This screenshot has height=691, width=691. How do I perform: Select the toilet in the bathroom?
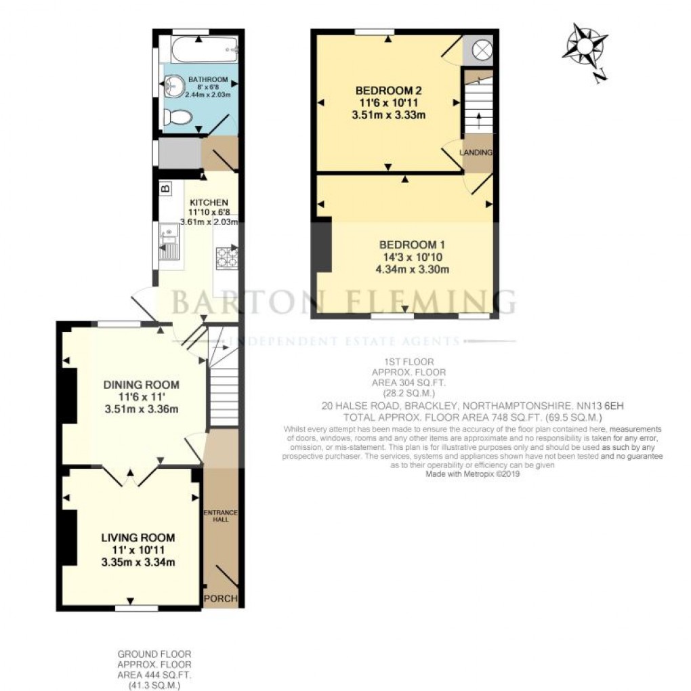[180, 118]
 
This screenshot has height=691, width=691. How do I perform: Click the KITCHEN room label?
[208, 203]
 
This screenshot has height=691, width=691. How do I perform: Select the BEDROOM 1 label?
[411, 245]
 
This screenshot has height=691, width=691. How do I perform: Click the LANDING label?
[477, 153]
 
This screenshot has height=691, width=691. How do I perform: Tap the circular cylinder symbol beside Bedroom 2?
[481, 49]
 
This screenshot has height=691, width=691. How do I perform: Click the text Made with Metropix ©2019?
[472, 474]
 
